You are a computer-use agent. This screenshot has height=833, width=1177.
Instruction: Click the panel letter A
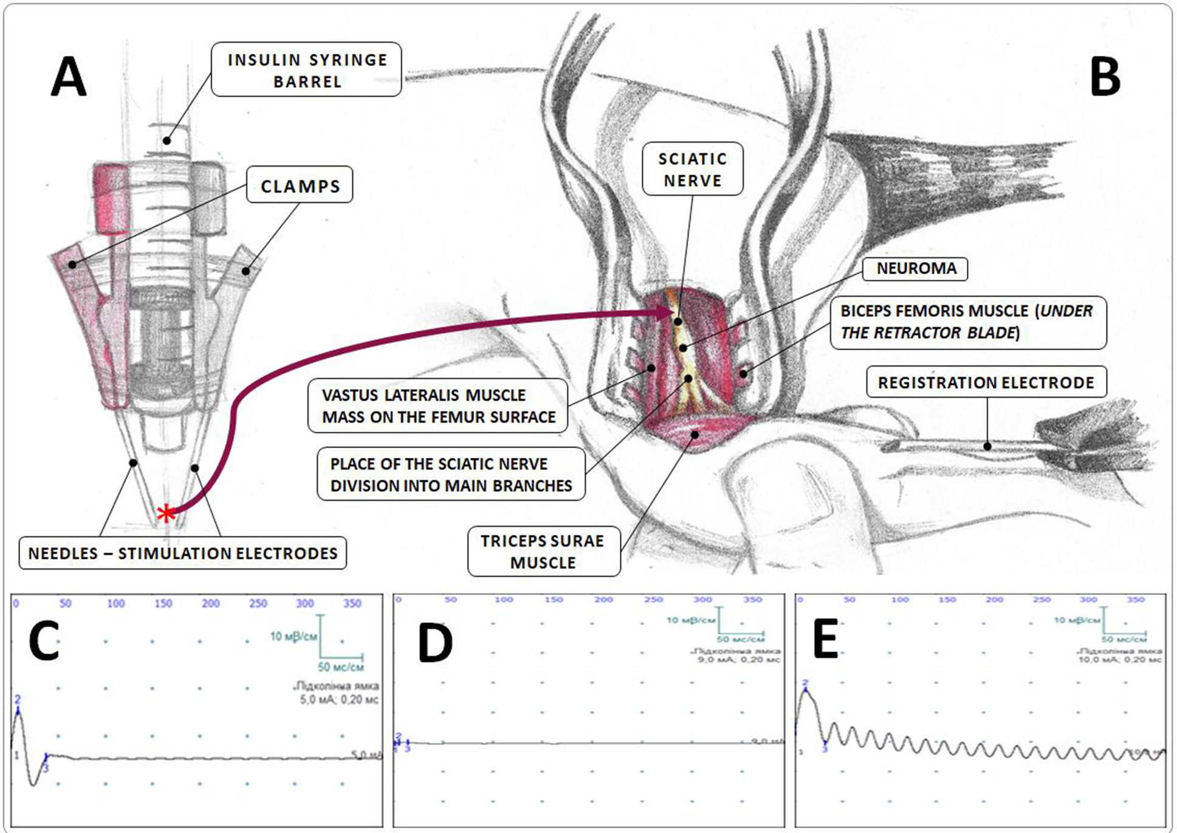tap(68, 77)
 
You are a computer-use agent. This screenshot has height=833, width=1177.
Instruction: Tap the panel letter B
tap(1105, 78)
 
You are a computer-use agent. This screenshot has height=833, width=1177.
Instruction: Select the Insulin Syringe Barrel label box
tap(306, 70)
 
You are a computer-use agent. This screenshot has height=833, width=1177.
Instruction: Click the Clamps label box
tap(300, 185)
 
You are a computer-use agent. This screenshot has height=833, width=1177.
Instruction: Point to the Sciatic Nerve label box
tap(692, 170)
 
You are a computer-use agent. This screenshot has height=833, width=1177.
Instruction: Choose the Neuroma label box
tap(916, 268)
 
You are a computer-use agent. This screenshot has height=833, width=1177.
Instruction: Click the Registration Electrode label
tap(986, 382)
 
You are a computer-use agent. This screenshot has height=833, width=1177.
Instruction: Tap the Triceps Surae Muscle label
tap(543, 551)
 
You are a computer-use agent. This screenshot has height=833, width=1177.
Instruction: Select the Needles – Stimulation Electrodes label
tap(183, 553)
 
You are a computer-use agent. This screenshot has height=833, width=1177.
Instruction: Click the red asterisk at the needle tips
tap(166, 514)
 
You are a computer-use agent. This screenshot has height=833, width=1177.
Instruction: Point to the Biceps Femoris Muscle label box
tap(967, 322)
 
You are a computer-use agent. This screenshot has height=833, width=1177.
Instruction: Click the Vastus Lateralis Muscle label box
tap(438, 406)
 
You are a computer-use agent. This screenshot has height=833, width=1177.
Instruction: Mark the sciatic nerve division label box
tap(451, 474)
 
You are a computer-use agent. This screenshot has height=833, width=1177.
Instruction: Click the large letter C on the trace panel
tap(44, 641)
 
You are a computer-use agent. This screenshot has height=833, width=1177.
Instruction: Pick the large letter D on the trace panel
tap(435, 643)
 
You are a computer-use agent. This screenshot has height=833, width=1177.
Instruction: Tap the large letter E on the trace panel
tap(825, 638)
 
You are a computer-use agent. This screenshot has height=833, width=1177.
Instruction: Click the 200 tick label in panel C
tap(210, 603)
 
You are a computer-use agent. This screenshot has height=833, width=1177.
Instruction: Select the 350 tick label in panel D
tap(752, 600)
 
